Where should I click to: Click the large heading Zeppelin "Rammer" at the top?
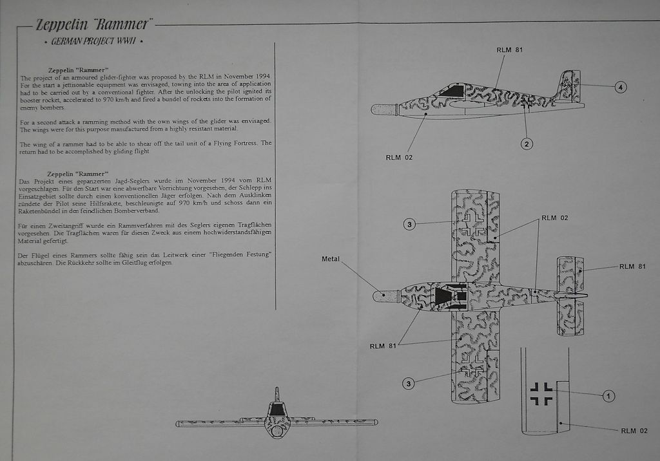click(x=94, y=25)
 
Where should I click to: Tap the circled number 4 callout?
click(x=621, y=87)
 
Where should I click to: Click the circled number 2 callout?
click(x=527, y=144)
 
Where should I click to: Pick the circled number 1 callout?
click(x=608, y=396)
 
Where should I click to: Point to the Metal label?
click(x=331, y=259)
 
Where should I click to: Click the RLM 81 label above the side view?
click(x=509, y=50)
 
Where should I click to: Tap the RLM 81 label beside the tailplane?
click(x=632, y=266)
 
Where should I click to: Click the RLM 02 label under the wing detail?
click(x=634, y=431)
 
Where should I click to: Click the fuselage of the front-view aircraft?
click(x=277, y=422)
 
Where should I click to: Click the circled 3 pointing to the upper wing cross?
click(x=409, y=224)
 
